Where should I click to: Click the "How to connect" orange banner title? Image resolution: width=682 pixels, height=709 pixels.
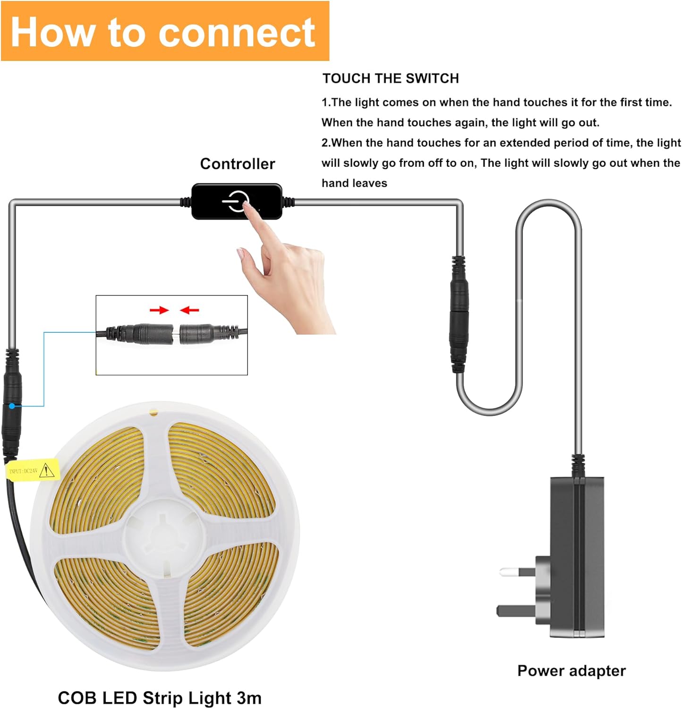click(163, 32)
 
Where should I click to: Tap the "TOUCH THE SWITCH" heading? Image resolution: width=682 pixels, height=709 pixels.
click(391, 78)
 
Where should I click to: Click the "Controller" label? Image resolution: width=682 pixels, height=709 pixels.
click(237, 164)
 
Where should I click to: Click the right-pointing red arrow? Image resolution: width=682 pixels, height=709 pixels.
click(159, 310)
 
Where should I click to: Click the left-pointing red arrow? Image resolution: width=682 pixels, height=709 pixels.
click(189, 310)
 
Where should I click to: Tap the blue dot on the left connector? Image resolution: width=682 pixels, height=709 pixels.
click(12, 406)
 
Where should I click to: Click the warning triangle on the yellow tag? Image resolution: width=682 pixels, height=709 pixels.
click(46, 470)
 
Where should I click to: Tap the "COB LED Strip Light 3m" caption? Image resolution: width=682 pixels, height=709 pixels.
click(160, 698)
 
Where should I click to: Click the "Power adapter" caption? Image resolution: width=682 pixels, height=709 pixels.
click(571, 671)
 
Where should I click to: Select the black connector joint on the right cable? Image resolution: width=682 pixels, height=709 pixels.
click(459, 314)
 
